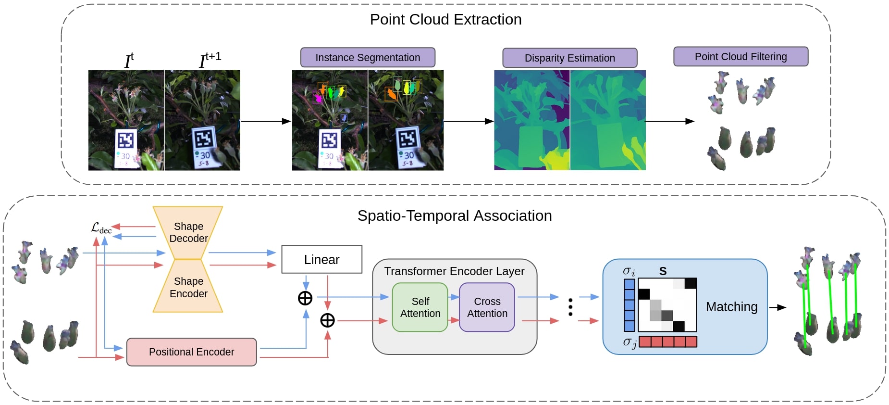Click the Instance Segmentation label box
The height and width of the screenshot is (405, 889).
tap(368, 57)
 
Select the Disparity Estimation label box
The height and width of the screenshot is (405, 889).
tap(569, 58)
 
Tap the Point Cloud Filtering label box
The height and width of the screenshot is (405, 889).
tap(741, 56)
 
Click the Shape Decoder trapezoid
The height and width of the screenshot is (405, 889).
tap(188, 232)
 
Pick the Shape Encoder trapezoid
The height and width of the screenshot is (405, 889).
tap(188, 287)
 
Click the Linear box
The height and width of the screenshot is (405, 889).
tap(321, 259)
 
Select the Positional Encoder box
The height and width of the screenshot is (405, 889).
tap(191, 352)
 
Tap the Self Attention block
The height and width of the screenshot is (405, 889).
tap(420, 307)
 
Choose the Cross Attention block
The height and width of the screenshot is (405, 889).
tap(487, 307)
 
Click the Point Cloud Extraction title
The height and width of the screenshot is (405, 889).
tap(445, 19)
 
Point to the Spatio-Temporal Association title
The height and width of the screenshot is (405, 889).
tap(455, 215)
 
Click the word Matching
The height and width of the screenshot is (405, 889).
tap(731, 307)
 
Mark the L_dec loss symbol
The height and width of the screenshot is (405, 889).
tap(101, 228)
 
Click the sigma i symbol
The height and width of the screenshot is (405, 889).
tap(629, 271)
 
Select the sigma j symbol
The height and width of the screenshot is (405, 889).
tap(630, 342)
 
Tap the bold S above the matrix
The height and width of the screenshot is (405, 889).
tap(663, 271)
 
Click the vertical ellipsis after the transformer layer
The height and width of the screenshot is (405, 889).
tap(570, 307)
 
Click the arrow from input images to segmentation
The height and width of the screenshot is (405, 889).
tap(266, 121)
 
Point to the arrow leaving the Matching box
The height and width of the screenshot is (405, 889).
tap(778, 307)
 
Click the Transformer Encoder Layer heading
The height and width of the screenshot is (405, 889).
tap(454, 271)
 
